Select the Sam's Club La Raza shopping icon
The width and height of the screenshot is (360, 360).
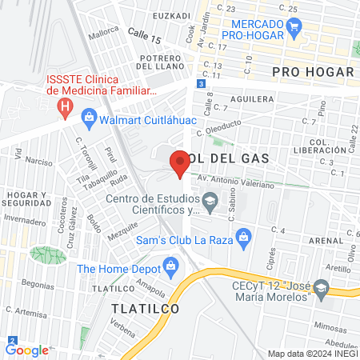tap(245, 234)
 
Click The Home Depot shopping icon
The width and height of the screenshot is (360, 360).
tap(169, 266)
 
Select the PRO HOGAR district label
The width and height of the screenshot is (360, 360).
tap(312, 72)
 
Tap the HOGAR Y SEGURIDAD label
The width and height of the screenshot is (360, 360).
tap(27, 198)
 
